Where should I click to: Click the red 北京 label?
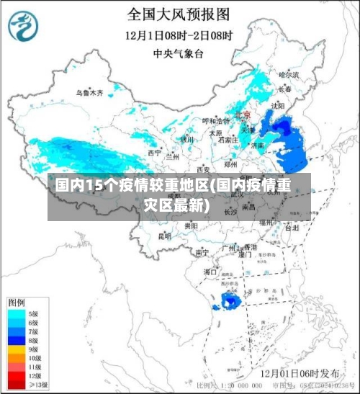[242, 115]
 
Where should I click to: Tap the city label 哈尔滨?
[288, 73]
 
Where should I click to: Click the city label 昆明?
[165, 236]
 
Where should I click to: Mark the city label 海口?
[210, 272]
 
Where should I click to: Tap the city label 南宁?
[202, 252]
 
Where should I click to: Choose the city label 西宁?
[155, 153]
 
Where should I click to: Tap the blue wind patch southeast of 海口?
[230, 300]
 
